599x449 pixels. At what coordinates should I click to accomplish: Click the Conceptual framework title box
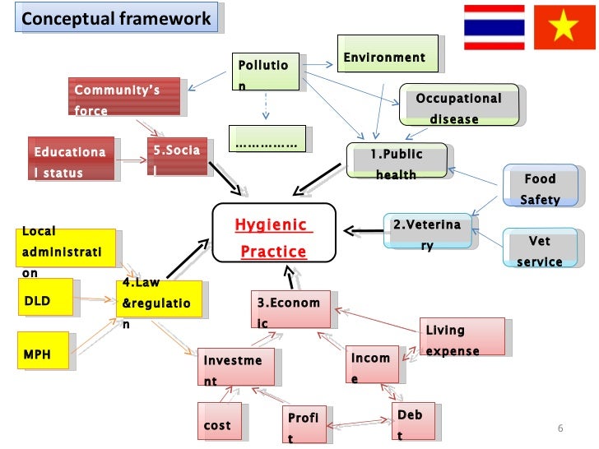[x=117, y=18]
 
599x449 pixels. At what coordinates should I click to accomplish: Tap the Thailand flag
[x=494, y=27]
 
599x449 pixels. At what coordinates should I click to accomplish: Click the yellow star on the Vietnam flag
[x=564, y=28]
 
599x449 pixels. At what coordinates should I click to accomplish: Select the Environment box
[x=384, y=57]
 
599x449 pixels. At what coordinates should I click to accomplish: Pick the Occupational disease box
[x=458, y=108]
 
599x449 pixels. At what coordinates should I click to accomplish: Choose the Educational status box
[x=69, y=161]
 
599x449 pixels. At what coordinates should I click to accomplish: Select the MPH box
[x=46, y=354]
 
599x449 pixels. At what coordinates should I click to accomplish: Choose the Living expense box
[x=461, y=340]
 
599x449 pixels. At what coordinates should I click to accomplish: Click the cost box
[x=219, y=425]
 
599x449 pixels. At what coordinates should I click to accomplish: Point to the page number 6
[x=560, y=428]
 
